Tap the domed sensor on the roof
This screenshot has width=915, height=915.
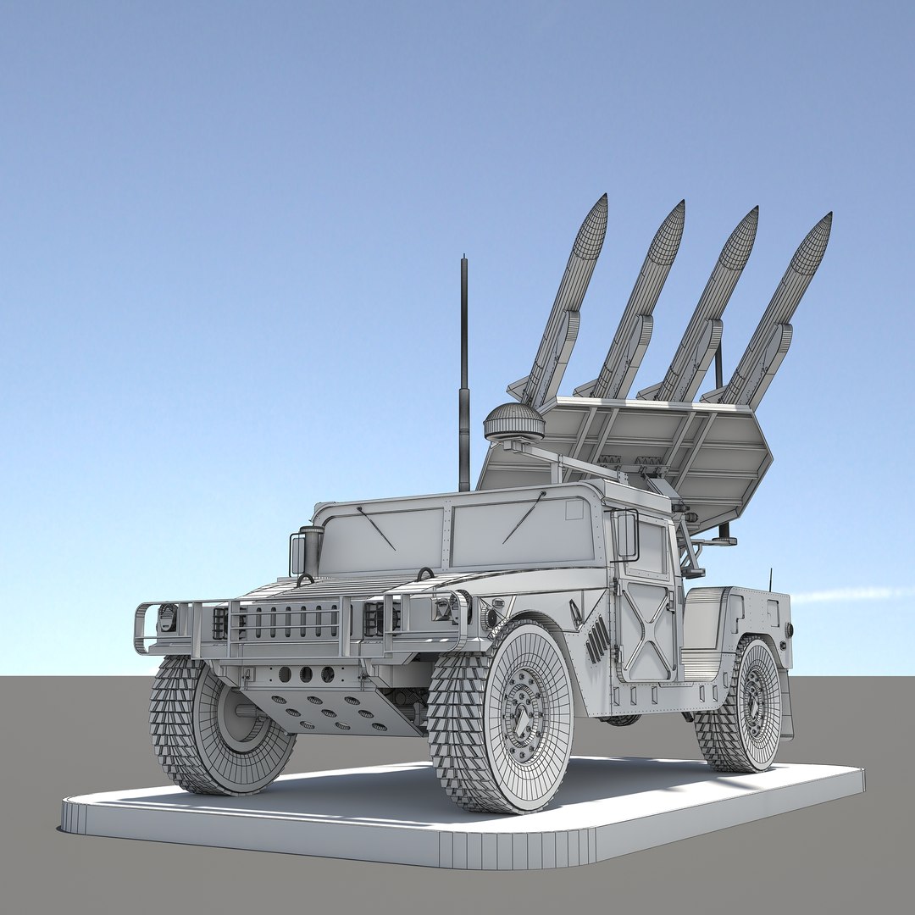tap(513, 420)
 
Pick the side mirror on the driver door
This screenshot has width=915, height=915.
tap(625, 535)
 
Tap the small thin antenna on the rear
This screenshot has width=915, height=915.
tap(770, 579)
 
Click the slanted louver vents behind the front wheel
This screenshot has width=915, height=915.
tap(596, 640)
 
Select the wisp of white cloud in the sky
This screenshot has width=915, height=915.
tap(847, 595)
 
